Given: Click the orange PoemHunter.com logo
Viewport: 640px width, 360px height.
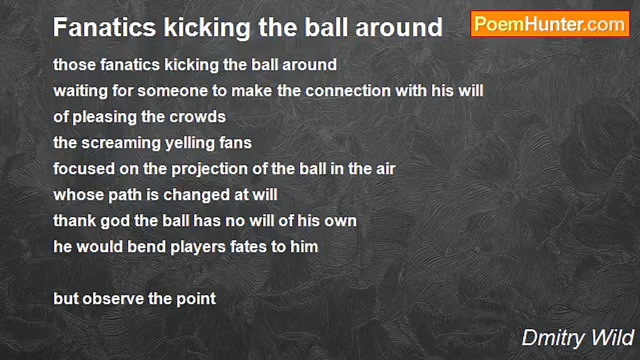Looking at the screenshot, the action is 550,24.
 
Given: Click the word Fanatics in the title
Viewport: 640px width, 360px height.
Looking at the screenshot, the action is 104,27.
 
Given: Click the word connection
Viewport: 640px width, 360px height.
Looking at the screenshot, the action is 348,91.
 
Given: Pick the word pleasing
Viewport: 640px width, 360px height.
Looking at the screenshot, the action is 104,117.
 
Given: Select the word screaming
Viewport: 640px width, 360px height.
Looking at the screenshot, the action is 121,143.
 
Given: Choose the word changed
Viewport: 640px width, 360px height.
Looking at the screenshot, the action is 196,195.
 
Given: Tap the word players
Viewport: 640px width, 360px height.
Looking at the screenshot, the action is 198,247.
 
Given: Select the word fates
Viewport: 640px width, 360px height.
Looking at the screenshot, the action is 248,247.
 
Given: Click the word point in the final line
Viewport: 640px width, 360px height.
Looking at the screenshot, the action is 196,299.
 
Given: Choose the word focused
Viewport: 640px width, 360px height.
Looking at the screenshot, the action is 84,169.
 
